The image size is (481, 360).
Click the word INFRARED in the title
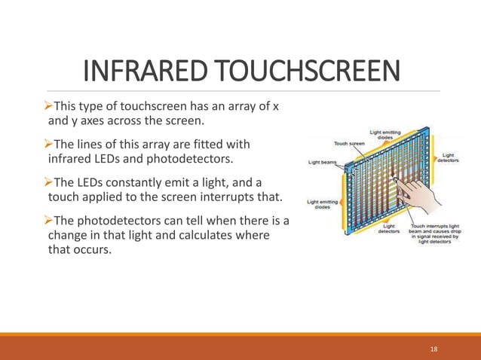click(x=142, y=72)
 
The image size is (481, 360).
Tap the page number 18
click(x=433, y=349)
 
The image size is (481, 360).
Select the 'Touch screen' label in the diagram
click(x=350, y=142)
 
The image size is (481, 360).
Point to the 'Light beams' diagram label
click(x=322, y=161)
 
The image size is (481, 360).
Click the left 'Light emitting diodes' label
click(x=323, y=205)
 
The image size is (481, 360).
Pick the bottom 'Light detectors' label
click(x=391, y=229)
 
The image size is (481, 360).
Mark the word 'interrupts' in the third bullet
click(x=227, y=197)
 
